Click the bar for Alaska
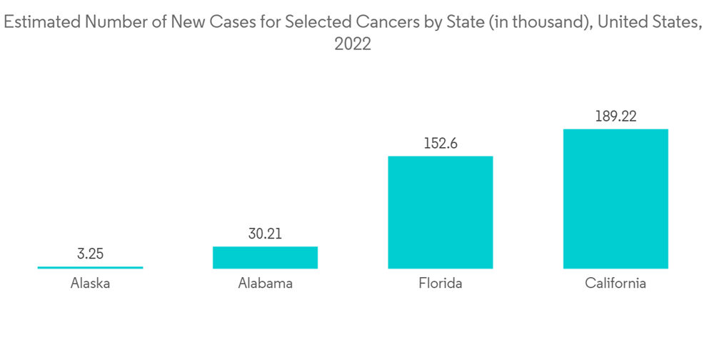90,267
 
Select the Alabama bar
265,257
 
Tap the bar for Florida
440,212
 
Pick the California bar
615,199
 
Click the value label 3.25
90,254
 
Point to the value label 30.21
265,233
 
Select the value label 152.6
440,143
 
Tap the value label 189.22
615,116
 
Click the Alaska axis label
90,284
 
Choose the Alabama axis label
265,284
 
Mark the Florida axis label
440,284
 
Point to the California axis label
615,284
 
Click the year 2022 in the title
353,44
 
